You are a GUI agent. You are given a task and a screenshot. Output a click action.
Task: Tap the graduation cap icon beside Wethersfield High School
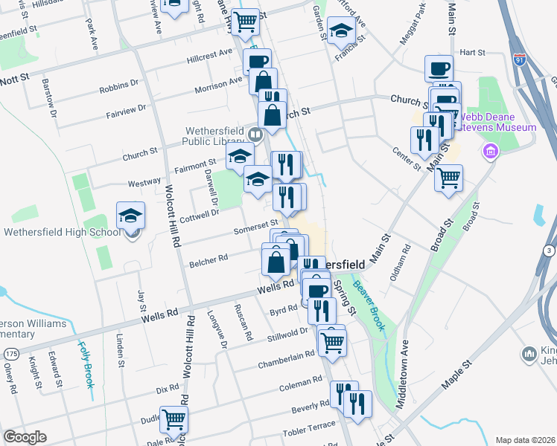coord(130,216)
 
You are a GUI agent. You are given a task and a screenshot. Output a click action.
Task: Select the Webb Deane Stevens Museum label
coord(497,122)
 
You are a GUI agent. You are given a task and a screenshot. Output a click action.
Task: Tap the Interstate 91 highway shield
coord(519,56)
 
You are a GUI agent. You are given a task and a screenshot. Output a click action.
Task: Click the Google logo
coord(25,437)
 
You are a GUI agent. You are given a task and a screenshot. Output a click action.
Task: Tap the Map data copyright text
coord(525,439)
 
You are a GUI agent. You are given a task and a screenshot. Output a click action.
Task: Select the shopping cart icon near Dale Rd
coord(174,418)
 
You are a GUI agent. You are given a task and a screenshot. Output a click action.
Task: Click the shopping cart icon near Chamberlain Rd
coord(331,341)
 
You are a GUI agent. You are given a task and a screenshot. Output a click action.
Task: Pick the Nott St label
coord(14,77)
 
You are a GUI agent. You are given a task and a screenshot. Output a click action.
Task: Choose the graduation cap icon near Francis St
coord(340,31)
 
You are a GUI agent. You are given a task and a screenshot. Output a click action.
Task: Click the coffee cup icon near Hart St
coord(439,68)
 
